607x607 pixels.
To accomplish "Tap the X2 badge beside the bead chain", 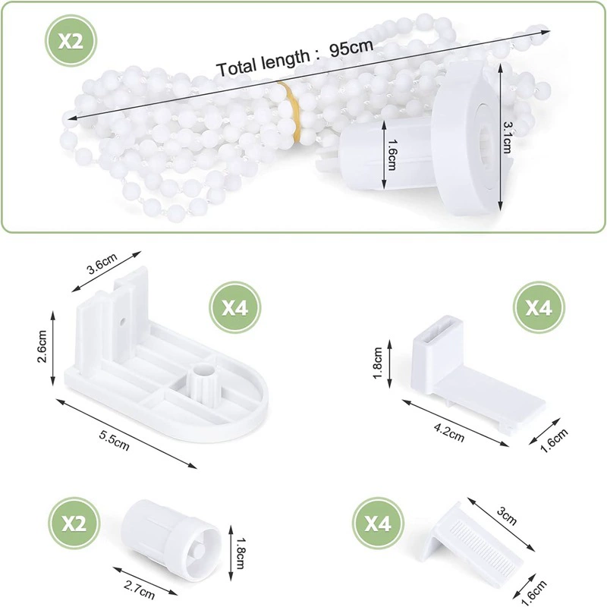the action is click(x=71, y=41).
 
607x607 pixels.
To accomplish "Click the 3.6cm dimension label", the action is click(x=102, y=263).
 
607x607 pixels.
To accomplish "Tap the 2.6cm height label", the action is click(x=42, y=346).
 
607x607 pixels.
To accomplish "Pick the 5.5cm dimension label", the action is click(x=114, y=440).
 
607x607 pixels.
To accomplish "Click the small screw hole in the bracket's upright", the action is click(x=122, y=321).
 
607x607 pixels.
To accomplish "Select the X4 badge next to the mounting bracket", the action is click(x=235, y=307).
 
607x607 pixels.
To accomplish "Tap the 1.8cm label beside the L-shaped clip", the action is click(x=378, y=363).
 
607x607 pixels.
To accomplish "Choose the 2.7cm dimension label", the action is click(x=139, y=590).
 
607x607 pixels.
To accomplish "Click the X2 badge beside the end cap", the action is click(x=74, y=524).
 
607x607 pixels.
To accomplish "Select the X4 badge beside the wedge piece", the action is click(x=378, y=524).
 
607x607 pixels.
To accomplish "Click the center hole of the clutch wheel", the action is click(x=485, y=137).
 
